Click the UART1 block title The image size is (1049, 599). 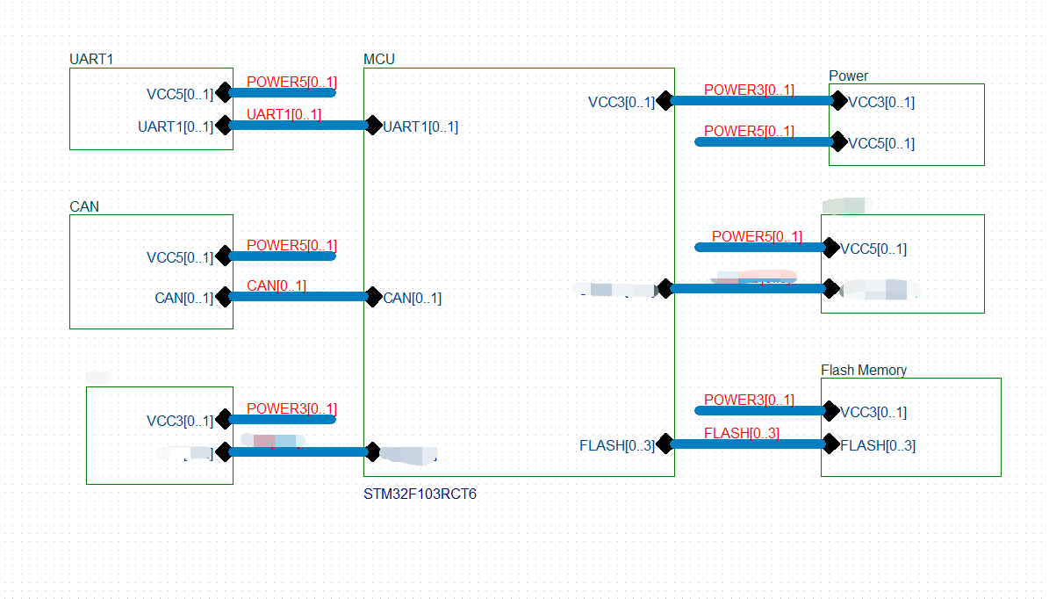coord(91,59)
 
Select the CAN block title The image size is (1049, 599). coord(84,206)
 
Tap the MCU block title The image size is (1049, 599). coord(379,59)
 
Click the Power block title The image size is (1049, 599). coord(848,76)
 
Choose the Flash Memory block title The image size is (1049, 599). coord(864,370)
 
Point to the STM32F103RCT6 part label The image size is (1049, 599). coord(420,494)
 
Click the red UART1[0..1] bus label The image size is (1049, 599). coord(284,114)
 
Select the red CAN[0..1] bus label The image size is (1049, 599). coord(277,285)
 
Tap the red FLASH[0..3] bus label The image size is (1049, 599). coord(742,433)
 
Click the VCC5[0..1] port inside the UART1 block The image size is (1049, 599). coord(180,94)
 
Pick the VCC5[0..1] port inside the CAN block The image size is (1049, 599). coord(180,257)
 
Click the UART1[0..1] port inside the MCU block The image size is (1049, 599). coord(420,126)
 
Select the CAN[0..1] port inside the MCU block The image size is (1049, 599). coord(413,298)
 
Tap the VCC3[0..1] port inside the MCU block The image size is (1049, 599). coord(621,102)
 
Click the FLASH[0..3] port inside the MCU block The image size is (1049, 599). coord(617,445)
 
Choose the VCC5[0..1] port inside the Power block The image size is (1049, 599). coord(881,143)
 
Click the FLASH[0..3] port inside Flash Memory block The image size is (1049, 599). coord(878,445)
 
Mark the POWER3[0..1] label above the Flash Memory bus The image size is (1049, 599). coord(749,400)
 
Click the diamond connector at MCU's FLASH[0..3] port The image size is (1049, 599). coord(665,443)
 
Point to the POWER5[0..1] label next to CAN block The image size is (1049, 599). coord(291,245)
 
